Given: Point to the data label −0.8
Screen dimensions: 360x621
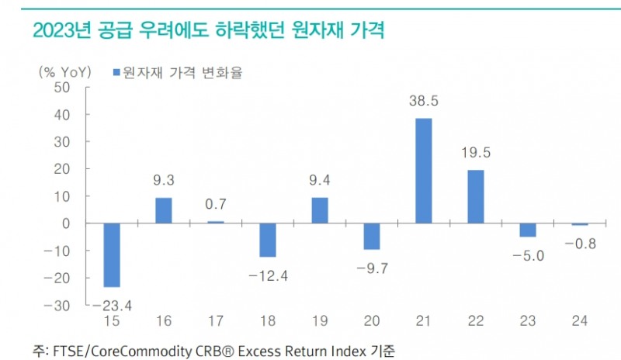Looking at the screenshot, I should [x=581, y=244].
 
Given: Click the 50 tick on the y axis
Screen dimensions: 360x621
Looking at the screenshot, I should [x=61, y=88].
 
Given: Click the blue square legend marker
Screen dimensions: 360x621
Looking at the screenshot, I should [x=116, y=72].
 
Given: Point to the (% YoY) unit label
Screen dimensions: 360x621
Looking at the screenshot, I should [x=65, y=72].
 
